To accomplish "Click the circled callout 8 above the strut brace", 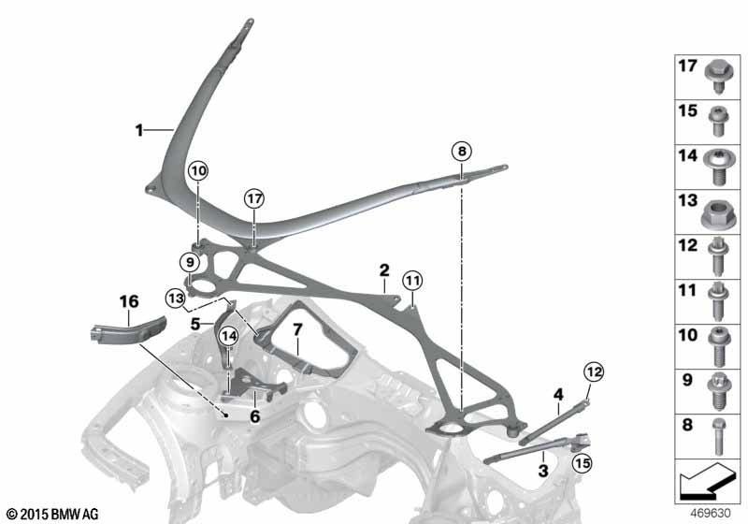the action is [x=461, y=152].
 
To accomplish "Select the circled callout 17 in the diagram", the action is [x=254, y=198].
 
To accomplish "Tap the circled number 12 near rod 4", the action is [x=594, y=371].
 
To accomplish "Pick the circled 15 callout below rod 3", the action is [x=582, y=463].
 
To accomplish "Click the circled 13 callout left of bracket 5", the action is [x=176, y=298].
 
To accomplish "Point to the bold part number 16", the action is [x=129, y=301].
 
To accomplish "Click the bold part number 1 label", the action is [x=138, y=130].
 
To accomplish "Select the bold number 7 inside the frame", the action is [x=297, y=329].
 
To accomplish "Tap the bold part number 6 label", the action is [x=255, y=416].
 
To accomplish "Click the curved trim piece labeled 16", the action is [x=128, y=330].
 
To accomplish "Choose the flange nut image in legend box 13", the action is [x=718, y=211].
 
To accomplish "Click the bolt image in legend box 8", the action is [x=719, y=436].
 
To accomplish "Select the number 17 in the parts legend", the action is [x=688, y=65].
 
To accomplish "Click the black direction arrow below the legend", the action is [x=706, y=480].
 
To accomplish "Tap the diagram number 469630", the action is [x=711, y=513].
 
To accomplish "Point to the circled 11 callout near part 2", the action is [x=412, y=280].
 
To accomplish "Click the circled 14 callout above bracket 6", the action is [x=229, y=336].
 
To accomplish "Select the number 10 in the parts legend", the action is [x=688, y=335].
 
